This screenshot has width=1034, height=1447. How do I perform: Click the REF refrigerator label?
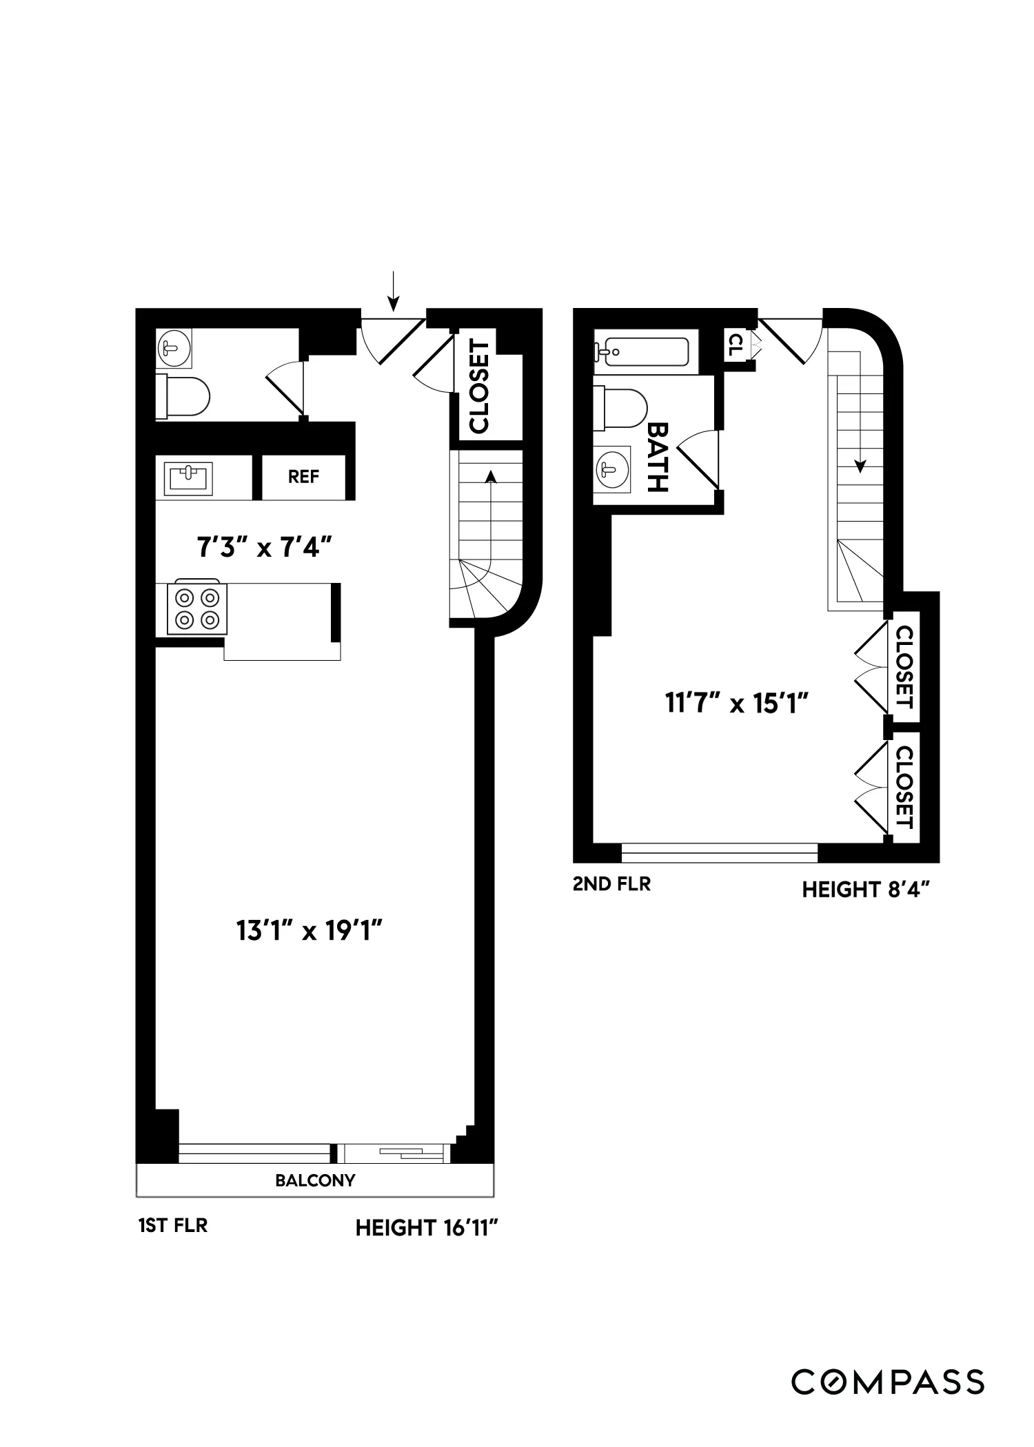tap(303, 477)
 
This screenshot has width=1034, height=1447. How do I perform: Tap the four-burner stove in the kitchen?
tap(197, 608)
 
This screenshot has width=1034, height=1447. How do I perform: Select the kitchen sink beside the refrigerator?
tap(188, 477)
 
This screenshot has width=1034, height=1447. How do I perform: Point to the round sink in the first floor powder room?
tap(172, 348)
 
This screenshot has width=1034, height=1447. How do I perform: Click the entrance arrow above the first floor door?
tap(393, 291)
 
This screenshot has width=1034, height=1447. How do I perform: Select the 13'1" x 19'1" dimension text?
tap(309, 932)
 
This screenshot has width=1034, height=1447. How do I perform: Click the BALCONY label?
tap(315, 1180)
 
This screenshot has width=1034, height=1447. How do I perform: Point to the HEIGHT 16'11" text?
tap(426, 1228)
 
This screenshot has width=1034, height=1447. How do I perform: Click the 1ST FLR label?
tap(172, 1226)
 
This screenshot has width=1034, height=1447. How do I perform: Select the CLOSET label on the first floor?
tap(478, 387)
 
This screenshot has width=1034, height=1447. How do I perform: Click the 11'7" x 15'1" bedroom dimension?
tap(736, 704)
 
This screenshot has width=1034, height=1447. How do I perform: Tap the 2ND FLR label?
tap(611, 884)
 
